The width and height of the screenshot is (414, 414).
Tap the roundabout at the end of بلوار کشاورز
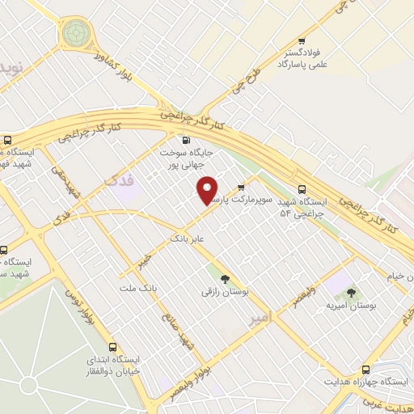[76, 33]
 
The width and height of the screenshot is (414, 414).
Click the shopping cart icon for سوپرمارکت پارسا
[241, 187]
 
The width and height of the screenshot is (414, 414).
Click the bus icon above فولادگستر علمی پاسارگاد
[302, 41]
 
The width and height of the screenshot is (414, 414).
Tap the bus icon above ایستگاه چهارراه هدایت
[365, 369]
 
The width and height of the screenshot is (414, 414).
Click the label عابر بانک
[189, 239]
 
